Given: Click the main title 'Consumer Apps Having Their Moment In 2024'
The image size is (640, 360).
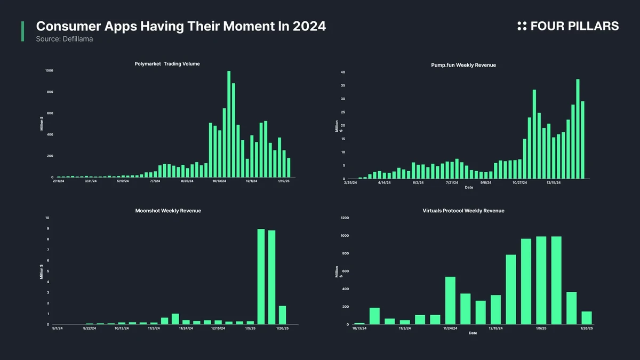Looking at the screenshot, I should pos(181,26).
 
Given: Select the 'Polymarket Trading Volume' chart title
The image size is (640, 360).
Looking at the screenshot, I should pos(167,64).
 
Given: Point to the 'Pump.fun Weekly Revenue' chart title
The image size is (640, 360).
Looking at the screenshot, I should pos(463,65).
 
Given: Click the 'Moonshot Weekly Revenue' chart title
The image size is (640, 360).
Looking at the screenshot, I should pos(168,211).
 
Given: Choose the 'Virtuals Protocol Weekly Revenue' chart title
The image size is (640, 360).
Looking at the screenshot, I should pos(463,211).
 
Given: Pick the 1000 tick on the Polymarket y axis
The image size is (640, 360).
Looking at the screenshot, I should pos(49,70).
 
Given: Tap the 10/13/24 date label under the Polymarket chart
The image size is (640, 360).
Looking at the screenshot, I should pos(219,181).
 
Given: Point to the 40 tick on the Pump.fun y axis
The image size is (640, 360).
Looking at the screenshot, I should pos(343,72).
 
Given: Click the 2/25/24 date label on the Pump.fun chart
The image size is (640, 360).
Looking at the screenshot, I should pos(351,182).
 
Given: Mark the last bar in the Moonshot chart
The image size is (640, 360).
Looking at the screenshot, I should pos(282,315).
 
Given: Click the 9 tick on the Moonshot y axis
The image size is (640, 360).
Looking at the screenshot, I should pos(47,229).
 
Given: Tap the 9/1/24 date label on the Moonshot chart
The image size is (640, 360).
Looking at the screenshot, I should pos(58,329).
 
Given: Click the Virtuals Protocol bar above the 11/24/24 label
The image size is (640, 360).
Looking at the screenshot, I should pos(450,300).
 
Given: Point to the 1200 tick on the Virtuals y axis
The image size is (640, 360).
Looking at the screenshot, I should pos(345,218).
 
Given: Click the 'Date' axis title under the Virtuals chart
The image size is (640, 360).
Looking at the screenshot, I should pos(473,333).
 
